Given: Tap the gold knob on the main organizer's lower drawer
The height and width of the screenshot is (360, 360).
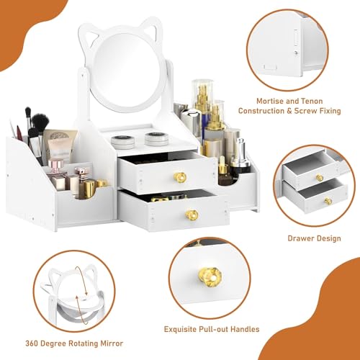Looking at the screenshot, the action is click(192, 215).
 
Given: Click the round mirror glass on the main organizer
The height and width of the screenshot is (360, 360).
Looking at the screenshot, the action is click(128, 70).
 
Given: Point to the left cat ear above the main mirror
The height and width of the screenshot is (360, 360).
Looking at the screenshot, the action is click(92, 36).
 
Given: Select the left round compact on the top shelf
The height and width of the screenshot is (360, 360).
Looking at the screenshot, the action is click(122, 142).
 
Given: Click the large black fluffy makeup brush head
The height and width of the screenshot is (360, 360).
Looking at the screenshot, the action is click(40, 122).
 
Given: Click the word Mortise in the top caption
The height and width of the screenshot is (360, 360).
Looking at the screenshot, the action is click(269, 101).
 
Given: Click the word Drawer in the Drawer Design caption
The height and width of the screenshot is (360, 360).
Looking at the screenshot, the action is click(300, 238).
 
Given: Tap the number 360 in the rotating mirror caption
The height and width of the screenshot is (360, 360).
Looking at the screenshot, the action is click(32, 343).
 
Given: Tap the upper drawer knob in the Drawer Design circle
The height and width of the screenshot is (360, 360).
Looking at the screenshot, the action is click(320, 178).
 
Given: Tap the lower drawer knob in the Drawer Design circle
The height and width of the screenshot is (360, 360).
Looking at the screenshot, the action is click(328, 201).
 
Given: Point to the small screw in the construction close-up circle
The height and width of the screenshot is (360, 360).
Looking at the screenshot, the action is click(297, 53).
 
